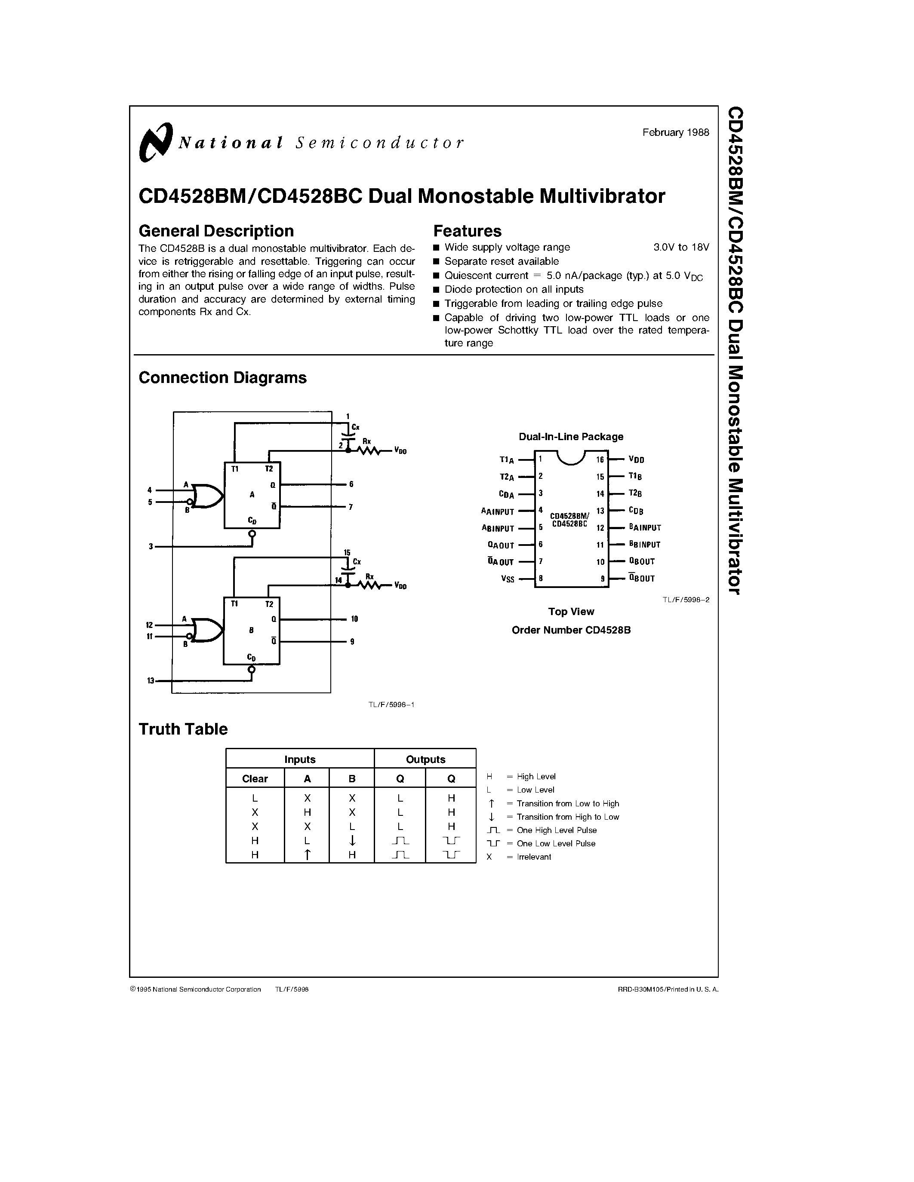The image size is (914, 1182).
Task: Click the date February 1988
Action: point(675,132)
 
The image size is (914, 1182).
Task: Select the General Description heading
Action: point(216,231)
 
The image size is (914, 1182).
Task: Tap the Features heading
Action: point(467,231)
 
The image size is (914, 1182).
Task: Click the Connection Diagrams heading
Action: point(222,378)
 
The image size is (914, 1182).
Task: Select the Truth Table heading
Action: point(183,729)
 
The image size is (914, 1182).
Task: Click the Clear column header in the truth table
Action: point(255,779)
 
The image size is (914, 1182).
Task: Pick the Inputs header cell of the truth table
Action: point(299,759)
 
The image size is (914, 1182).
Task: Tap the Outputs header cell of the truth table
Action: point(425,759)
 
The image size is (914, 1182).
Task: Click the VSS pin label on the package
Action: point(508,579)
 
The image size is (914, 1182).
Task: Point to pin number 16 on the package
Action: point(600,460)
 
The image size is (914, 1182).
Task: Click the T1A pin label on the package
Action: point(506,460)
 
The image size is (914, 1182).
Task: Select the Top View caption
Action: point(571,612)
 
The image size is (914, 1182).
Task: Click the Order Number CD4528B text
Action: point(571,630)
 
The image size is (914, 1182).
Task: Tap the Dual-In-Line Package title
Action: point(571,437)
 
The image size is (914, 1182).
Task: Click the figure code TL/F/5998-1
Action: point(391,704)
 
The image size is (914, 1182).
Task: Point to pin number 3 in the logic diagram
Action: point(151,547)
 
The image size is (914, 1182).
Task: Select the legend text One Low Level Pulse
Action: point(556,843)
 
